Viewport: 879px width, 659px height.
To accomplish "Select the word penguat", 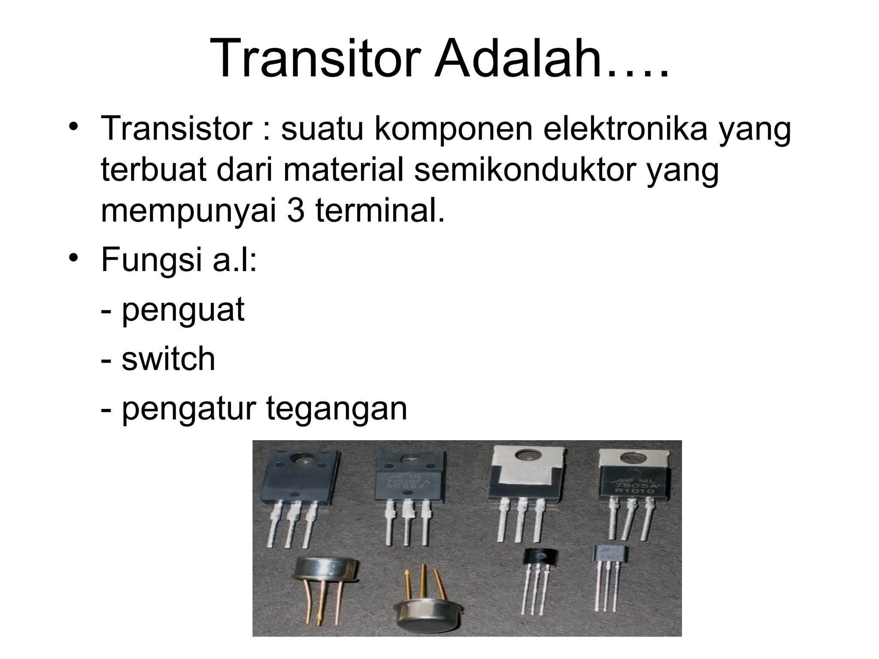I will pos(183,310).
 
